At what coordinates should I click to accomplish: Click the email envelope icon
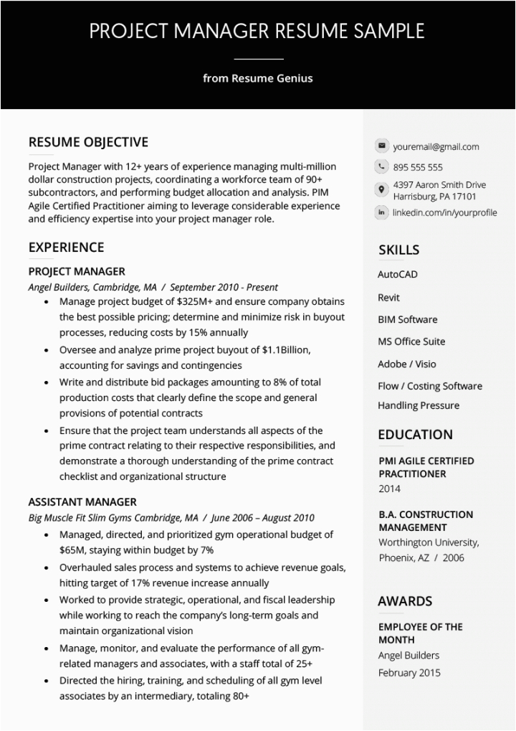point(381,146)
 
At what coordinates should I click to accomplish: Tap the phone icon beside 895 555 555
point(381,167)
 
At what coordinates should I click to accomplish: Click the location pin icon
point(381,189)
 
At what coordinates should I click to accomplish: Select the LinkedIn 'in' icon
point(381,212)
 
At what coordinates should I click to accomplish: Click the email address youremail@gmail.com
point(436,147)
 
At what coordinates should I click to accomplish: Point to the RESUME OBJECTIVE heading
point(88,142)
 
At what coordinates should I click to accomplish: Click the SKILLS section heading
point(398,250)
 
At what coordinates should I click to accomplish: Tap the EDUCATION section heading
point(415,434)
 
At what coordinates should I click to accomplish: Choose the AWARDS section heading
point(405,601)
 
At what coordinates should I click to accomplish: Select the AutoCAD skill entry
point(397,274)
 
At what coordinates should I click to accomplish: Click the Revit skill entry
point(388,297)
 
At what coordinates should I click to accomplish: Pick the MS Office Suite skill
point(411,341)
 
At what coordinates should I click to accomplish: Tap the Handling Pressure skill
point(419,405)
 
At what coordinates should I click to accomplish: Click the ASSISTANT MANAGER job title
point(82,502)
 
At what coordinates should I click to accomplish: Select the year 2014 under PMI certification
point(389,489)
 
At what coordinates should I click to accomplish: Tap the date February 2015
point(409,673)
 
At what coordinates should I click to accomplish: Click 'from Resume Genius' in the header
point(257,78)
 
